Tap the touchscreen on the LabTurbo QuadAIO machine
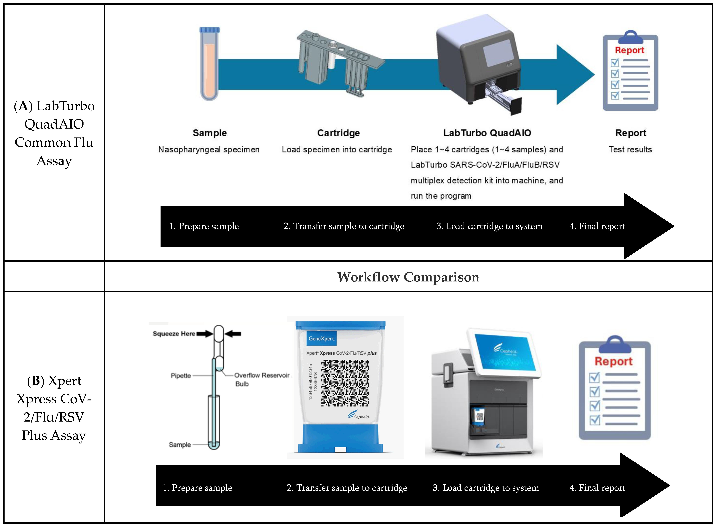(x=498, y=53)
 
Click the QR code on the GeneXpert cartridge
(x=345, y=383)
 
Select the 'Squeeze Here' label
(x=174, y=334)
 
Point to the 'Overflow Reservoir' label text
(x=262, y=375)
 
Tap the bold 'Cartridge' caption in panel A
(x=338, y=133)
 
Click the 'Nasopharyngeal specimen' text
(x=209, y=149)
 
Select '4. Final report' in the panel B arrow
(x=597, y=488)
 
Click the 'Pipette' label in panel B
(x=181, y=376)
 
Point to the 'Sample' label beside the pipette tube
(x=180, y=445)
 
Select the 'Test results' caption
(x=630, y=149)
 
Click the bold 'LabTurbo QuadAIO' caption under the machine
(x=487, y=133)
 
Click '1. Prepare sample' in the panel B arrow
(x=197, y=488)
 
